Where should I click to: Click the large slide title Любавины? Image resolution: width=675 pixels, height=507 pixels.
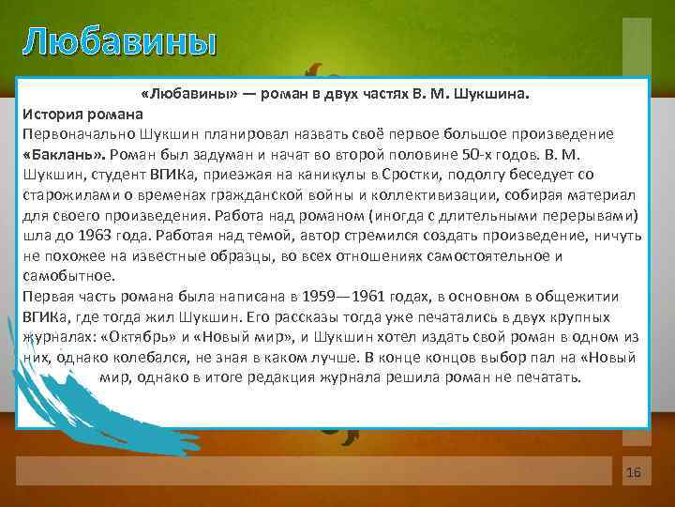pyautogui.click(x=120, y=42)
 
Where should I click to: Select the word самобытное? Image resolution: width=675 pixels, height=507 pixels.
pyautogui.click(x=67, y=275)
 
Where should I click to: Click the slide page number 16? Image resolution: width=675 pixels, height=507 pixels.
pyautogui.click(x=633, y=472)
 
